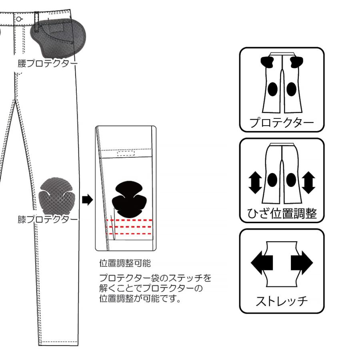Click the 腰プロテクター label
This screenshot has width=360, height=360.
point(48,64)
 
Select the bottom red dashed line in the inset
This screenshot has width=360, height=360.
point(130,233)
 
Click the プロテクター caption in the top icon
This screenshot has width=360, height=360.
point(282,123)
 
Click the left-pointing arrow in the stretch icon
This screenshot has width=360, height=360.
point(262,263)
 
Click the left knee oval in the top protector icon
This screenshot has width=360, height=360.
point(273,88)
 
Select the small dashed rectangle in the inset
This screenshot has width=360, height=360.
point(126,153)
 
